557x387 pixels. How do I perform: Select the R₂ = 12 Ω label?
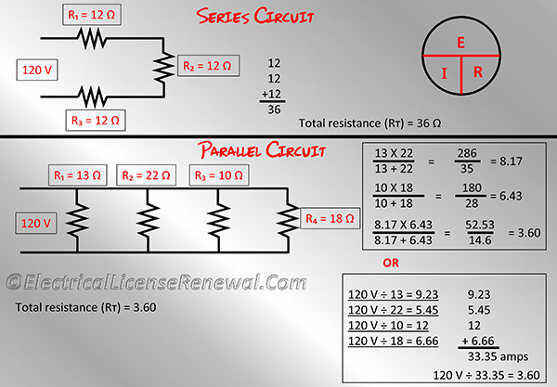pos(208,66)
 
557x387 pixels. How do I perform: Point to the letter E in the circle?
pos(460,44)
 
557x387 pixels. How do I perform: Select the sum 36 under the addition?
pos(274,110)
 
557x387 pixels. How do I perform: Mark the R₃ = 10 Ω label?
pos(218,175)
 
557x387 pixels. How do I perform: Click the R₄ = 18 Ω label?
pos(330,219)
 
